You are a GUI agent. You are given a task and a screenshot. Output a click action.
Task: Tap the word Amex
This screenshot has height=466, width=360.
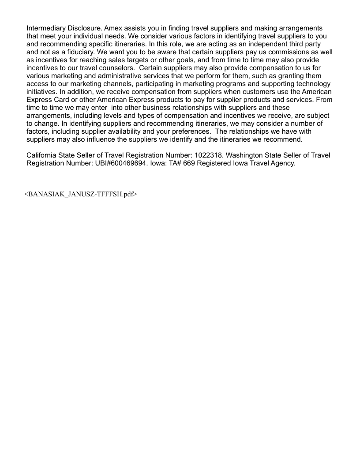(x=112, y=29)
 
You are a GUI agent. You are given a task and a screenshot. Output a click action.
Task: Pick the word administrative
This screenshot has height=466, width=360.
(x=116, y=76)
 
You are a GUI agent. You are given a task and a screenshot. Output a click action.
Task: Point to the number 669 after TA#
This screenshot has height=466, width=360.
(x=188, y=163)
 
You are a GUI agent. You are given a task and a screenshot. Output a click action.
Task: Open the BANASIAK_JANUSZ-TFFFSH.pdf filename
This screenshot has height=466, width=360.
(x=80, y=194)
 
